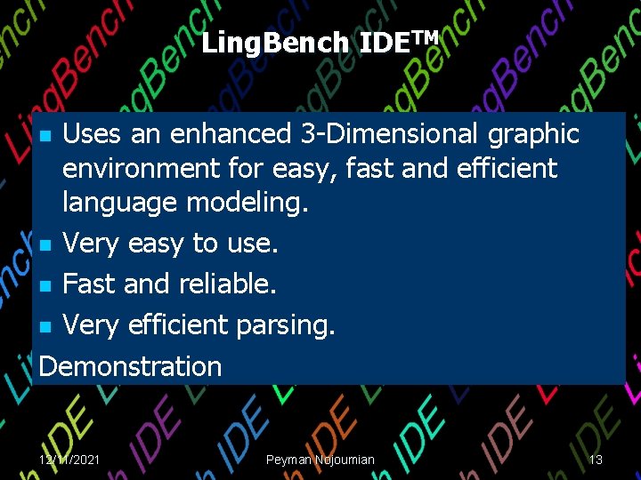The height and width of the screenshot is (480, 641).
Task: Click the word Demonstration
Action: click(x=132, y=366)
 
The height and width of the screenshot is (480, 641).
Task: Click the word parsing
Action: click(x=286, y=326)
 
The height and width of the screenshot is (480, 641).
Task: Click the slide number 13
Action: click(x=596, y=460)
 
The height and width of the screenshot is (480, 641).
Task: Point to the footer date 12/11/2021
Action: click(x=69, y=460)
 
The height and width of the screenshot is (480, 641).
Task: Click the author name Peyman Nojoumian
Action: click(x=320, y=460)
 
